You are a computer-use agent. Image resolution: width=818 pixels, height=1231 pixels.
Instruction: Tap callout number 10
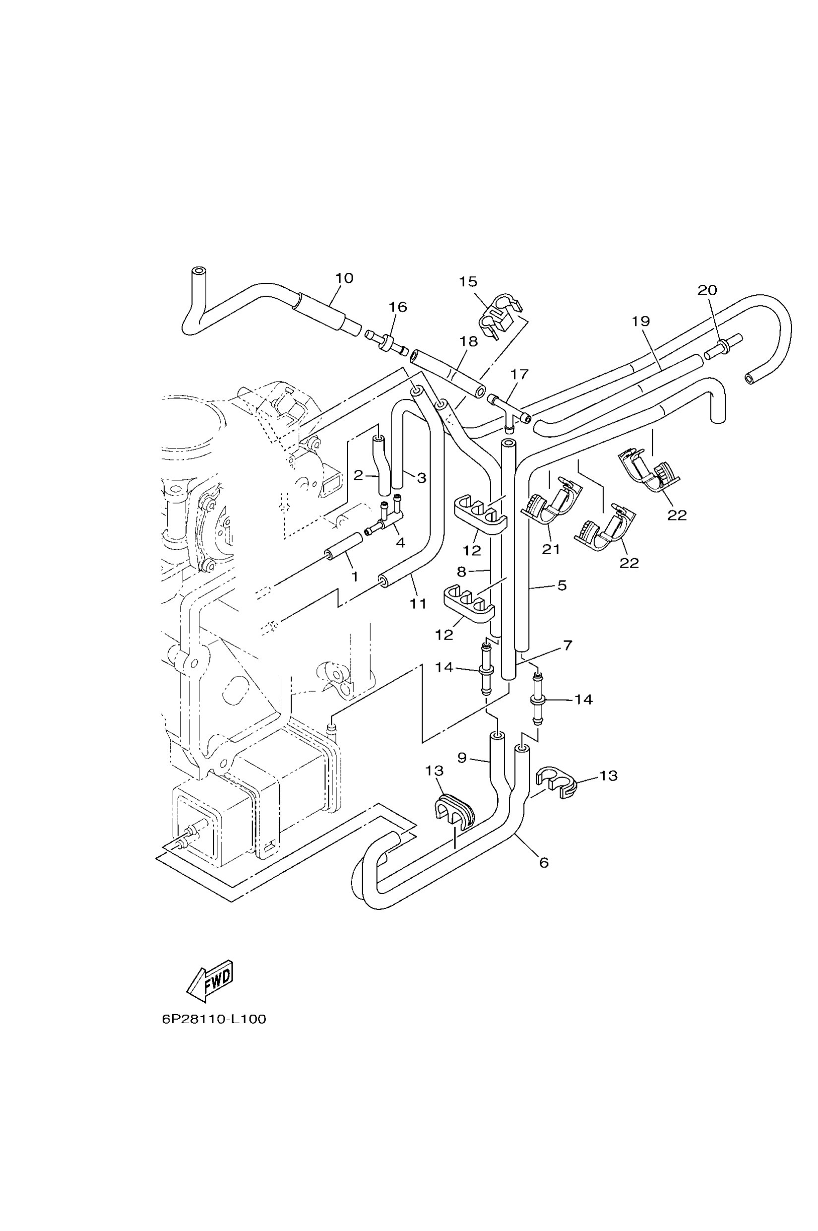(344, 278)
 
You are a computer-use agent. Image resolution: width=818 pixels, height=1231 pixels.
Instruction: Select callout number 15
(468, 282)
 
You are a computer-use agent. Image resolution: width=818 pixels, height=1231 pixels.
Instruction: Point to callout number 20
(707, 290)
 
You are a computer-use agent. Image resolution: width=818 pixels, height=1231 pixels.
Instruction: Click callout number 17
(519, 374)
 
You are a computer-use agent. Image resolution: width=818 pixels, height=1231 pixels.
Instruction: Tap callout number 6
(544, 862)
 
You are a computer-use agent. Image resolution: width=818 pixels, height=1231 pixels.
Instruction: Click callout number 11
(418, 604)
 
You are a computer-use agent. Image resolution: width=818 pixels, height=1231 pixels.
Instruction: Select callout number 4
(400, 543)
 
